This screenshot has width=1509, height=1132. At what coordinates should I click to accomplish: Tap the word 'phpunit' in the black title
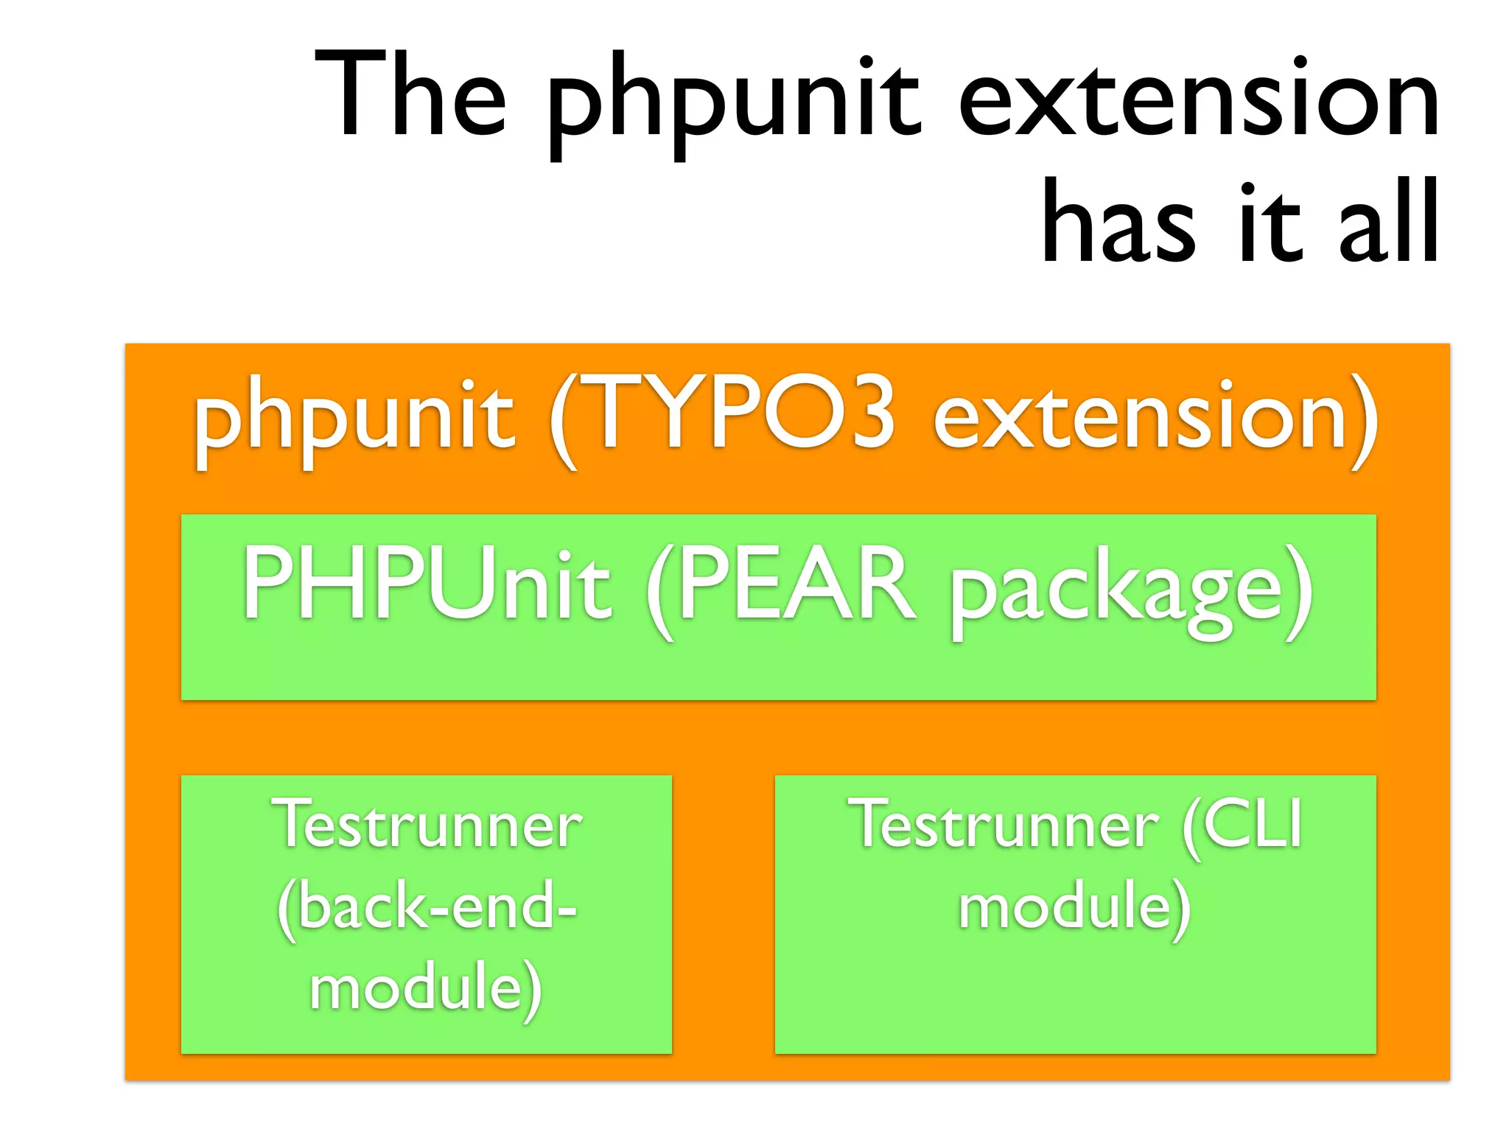(x=733, y=103)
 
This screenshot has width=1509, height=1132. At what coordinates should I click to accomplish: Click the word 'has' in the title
(x=1118, y=220)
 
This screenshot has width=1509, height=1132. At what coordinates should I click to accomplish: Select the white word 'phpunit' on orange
(x=354, y=420)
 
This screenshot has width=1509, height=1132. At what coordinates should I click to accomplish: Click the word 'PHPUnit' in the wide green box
(x=427, y=586)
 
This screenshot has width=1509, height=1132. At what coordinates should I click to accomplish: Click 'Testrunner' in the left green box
(x=427, y=825)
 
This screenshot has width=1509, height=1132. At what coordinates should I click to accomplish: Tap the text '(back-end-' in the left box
(x=427, y=906)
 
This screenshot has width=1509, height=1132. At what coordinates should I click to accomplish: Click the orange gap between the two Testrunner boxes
(x=723, y=914)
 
